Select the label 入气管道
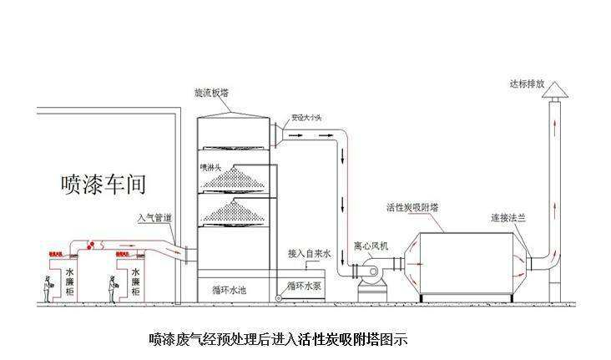click(155, 218)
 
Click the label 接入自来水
click(310, 252)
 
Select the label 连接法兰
click(509, 218)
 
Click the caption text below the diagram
click(277, 339)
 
